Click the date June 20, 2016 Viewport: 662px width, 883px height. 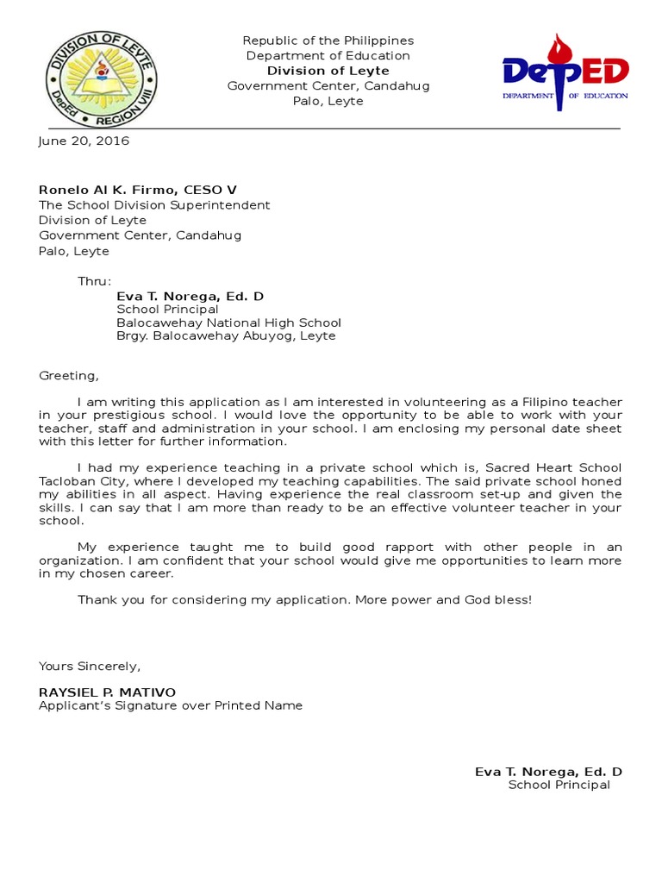[84, 141]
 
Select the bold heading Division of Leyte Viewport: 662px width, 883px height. [328, 71]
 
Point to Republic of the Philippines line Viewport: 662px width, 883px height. [328, 41]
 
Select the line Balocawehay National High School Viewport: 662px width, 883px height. [228, 323]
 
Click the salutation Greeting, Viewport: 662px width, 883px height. [69, 375]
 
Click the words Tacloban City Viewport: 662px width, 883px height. [78, 480]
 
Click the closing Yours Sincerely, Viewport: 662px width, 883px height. [89, 666]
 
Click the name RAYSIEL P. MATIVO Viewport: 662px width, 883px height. [107, 692]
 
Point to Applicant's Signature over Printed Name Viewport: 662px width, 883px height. [171, 705]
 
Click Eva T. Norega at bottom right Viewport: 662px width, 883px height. [548, 772]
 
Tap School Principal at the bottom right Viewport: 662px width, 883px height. [559, 785]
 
